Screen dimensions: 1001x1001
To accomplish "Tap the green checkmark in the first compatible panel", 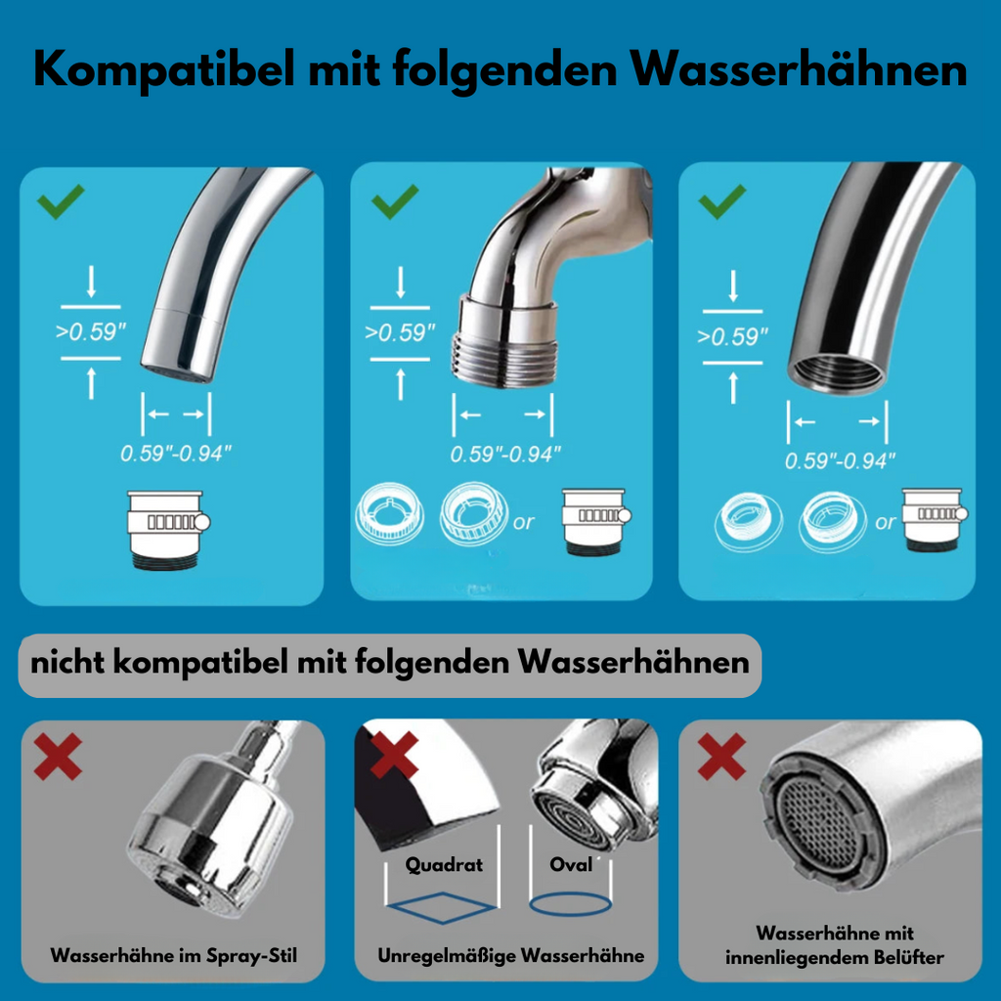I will click(x=61, y=203).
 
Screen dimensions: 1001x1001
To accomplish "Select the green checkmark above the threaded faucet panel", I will click(x=395, y=202).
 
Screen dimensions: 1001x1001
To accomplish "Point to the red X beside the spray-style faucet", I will click(x=58, y=757).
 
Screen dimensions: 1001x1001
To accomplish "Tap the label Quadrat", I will click(x=444, y=864).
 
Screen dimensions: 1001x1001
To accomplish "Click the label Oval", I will click(x=571, y=864).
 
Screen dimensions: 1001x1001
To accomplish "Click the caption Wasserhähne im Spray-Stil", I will click(x=173, y=954).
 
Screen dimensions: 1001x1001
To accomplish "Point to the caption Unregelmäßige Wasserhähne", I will click(x=511, y=954).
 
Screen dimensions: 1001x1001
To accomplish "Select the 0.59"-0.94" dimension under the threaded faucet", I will click(x=505, y=454).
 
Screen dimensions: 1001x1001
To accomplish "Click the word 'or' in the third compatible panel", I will click(x=886, y=523).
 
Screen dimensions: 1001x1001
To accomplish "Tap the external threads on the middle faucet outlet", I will click(x=501, y=356).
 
